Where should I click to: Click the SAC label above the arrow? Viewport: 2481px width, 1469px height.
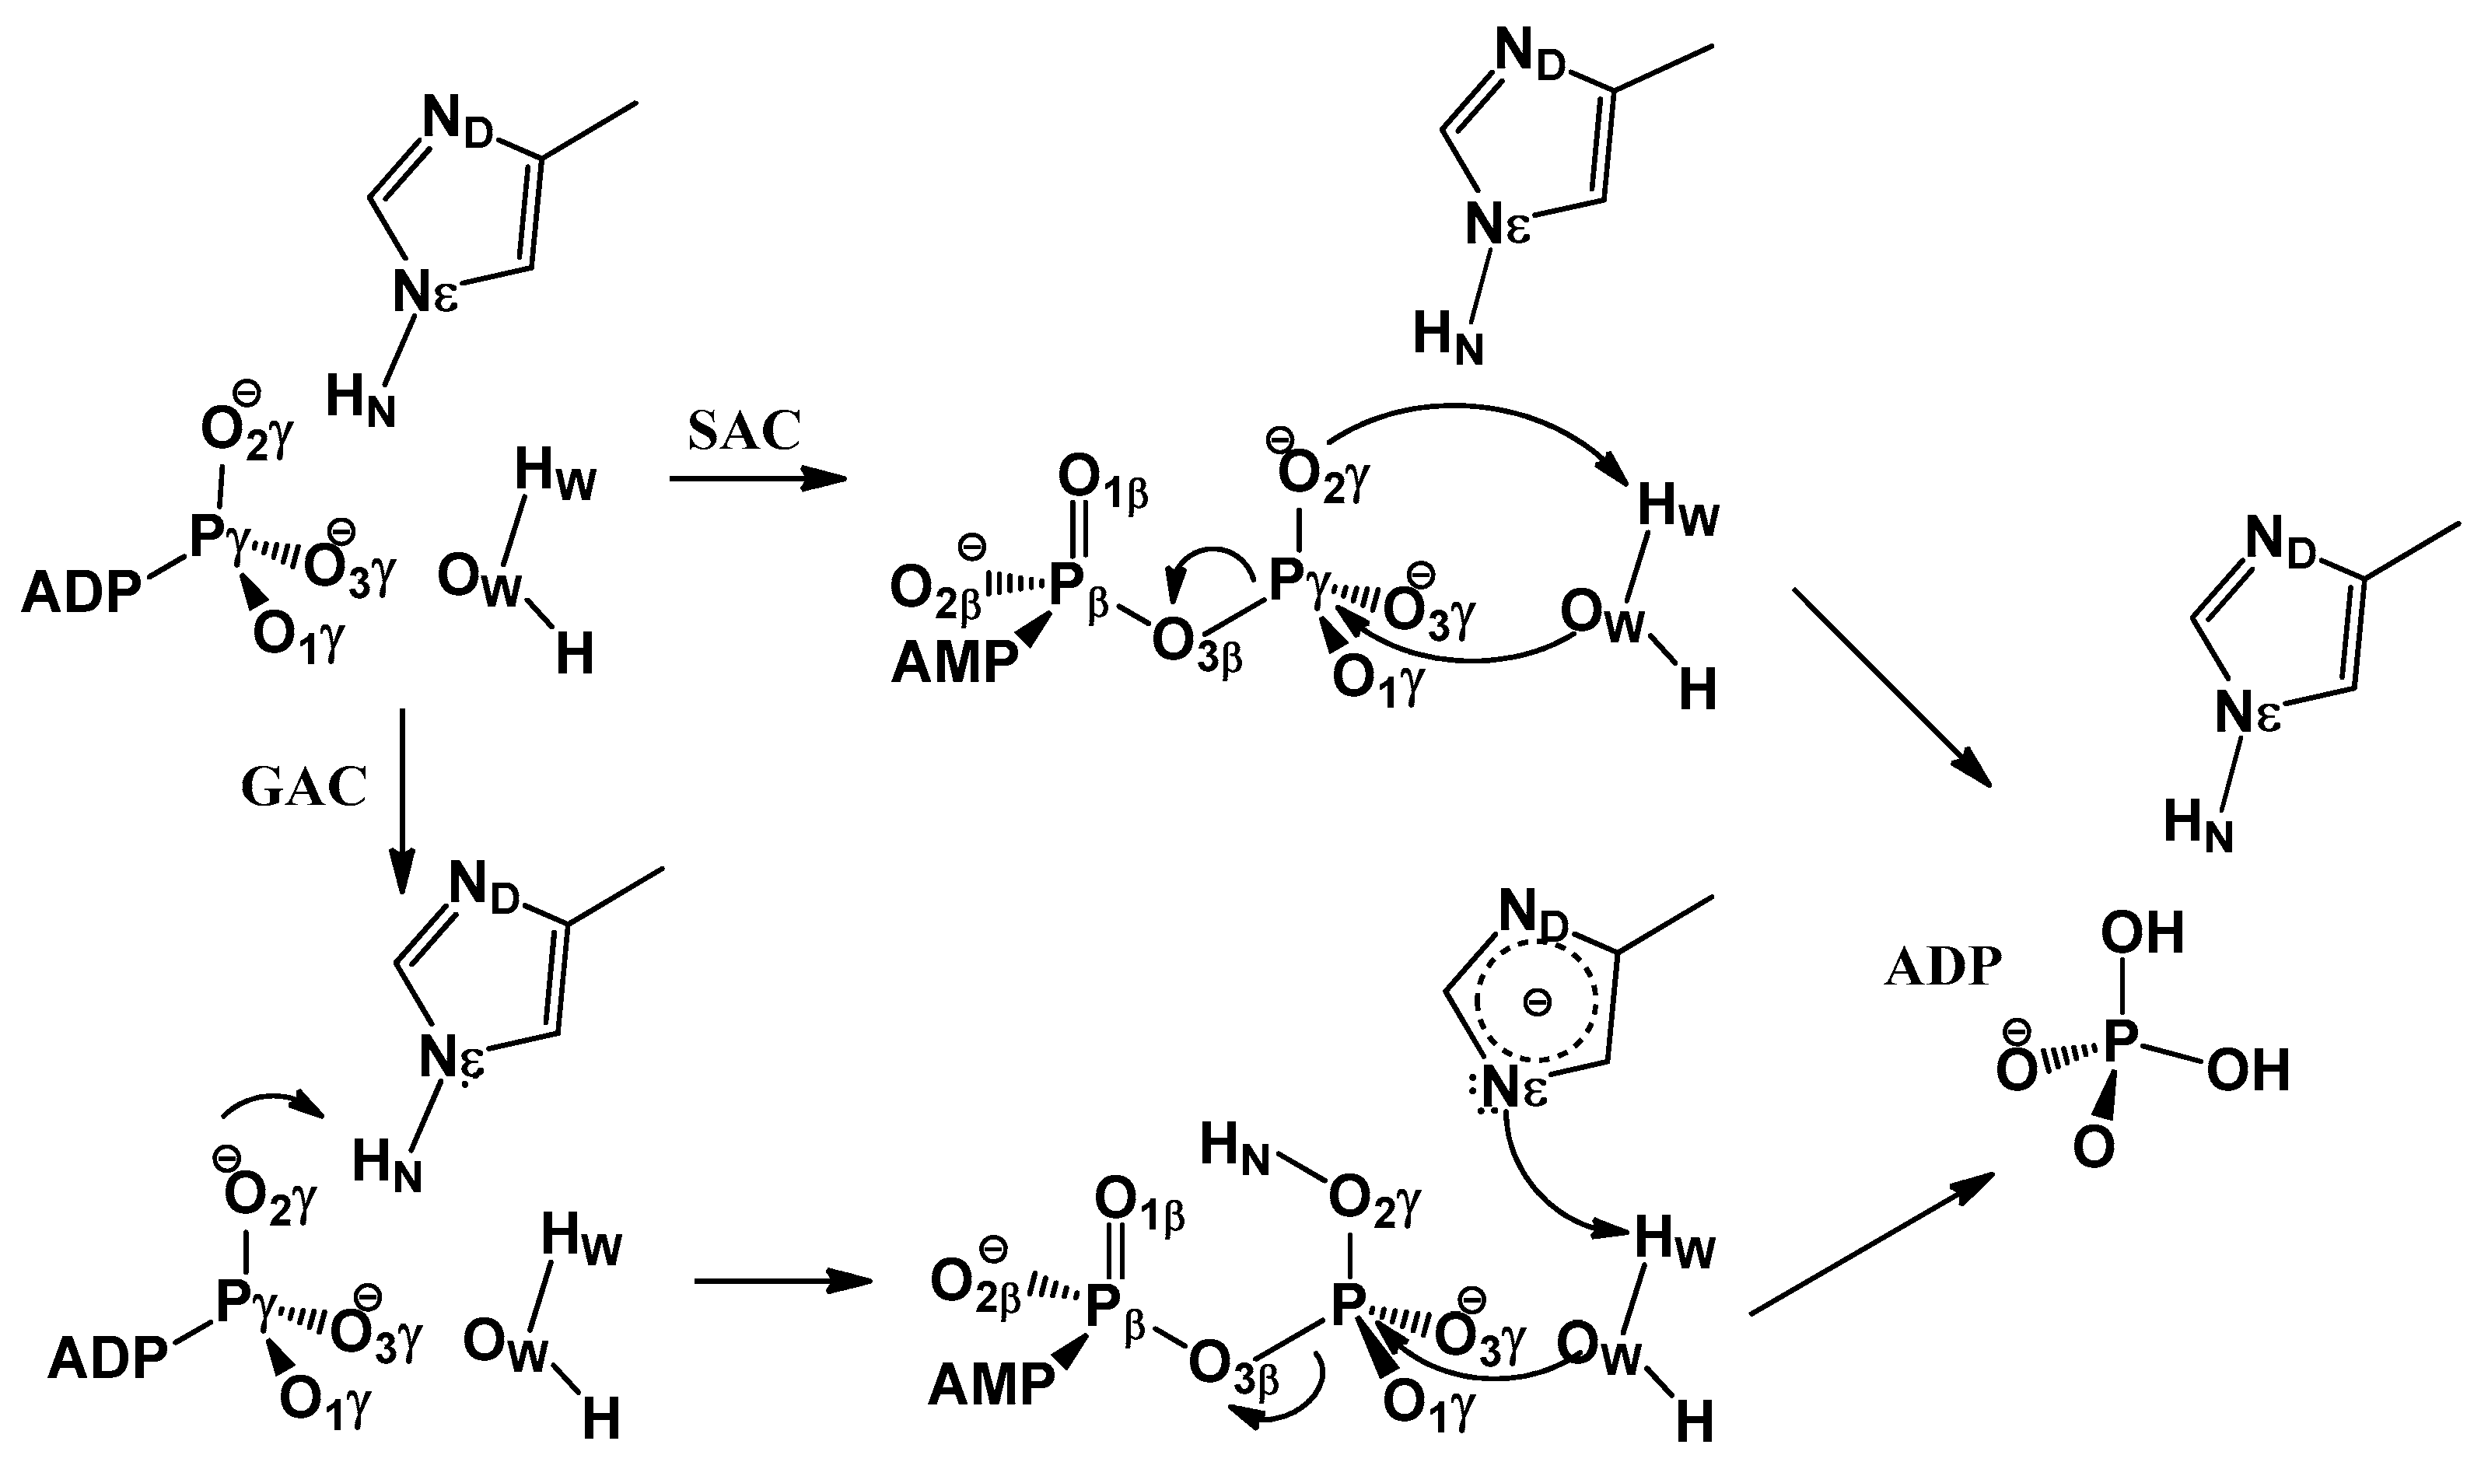point(744,431)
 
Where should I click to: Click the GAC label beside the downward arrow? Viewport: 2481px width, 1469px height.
point(304,788)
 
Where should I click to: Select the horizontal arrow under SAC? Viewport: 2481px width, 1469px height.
point(758,480)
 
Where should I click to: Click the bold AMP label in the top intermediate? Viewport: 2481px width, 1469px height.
point(954,663)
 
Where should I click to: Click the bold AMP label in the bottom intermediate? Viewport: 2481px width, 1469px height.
point(991,1385)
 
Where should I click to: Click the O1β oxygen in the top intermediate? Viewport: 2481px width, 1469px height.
point(1101,479)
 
